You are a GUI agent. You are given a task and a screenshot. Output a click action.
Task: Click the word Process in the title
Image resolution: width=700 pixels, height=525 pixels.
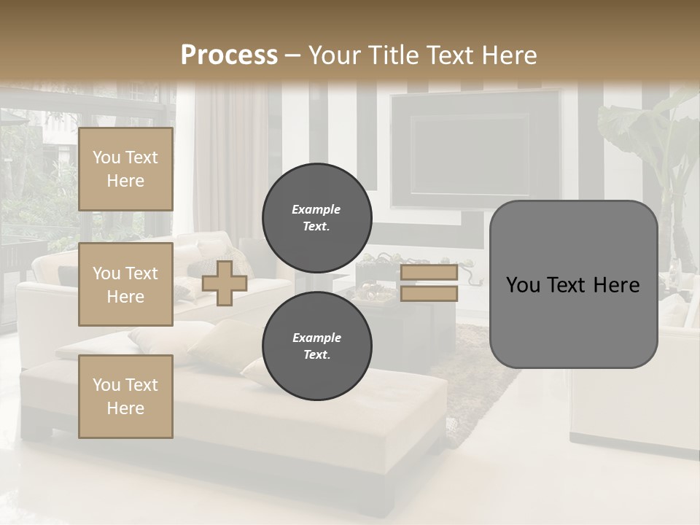(x=229, y=55)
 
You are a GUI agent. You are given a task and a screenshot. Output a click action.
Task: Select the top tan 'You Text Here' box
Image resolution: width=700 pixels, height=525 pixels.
(x=125, y=169)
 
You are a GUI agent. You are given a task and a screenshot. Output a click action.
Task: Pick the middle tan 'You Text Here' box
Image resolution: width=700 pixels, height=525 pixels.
(x=125, y=284)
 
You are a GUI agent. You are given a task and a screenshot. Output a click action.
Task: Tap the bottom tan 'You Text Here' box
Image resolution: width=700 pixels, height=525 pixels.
(x=125, y=396)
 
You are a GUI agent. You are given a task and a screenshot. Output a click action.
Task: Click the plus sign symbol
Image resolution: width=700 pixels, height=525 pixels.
(x=225, y=283)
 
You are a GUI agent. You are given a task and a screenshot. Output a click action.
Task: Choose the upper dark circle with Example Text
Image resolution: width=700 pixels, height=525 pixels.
(x=316, y=218)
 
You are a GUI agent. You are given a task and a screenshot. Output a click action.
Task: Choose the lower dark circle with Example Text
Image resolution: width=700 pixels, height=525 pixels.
(x=316, y=346)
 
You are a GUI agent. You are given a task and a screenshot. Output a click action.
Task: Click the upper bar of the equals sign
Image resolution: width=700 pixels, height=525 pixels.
(x=429, y=273)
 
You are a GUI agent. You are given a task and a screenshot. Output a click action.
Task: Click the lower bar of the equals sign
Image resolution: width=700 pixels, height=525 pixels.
(x=429, y=294)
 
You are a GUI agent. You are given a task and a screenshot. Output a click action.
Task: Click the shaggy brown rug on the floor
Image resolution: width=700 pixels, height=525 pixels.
(x=481, y=379)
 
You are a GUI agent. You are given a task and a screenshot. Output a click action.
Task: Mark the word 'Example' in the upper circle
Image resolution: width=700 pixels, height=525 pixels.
(x=316, y=209)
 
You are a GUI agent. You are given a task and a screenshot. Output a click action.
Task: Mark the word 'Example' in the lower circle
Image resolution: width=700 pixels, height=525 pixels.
(x=316, y=338)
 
